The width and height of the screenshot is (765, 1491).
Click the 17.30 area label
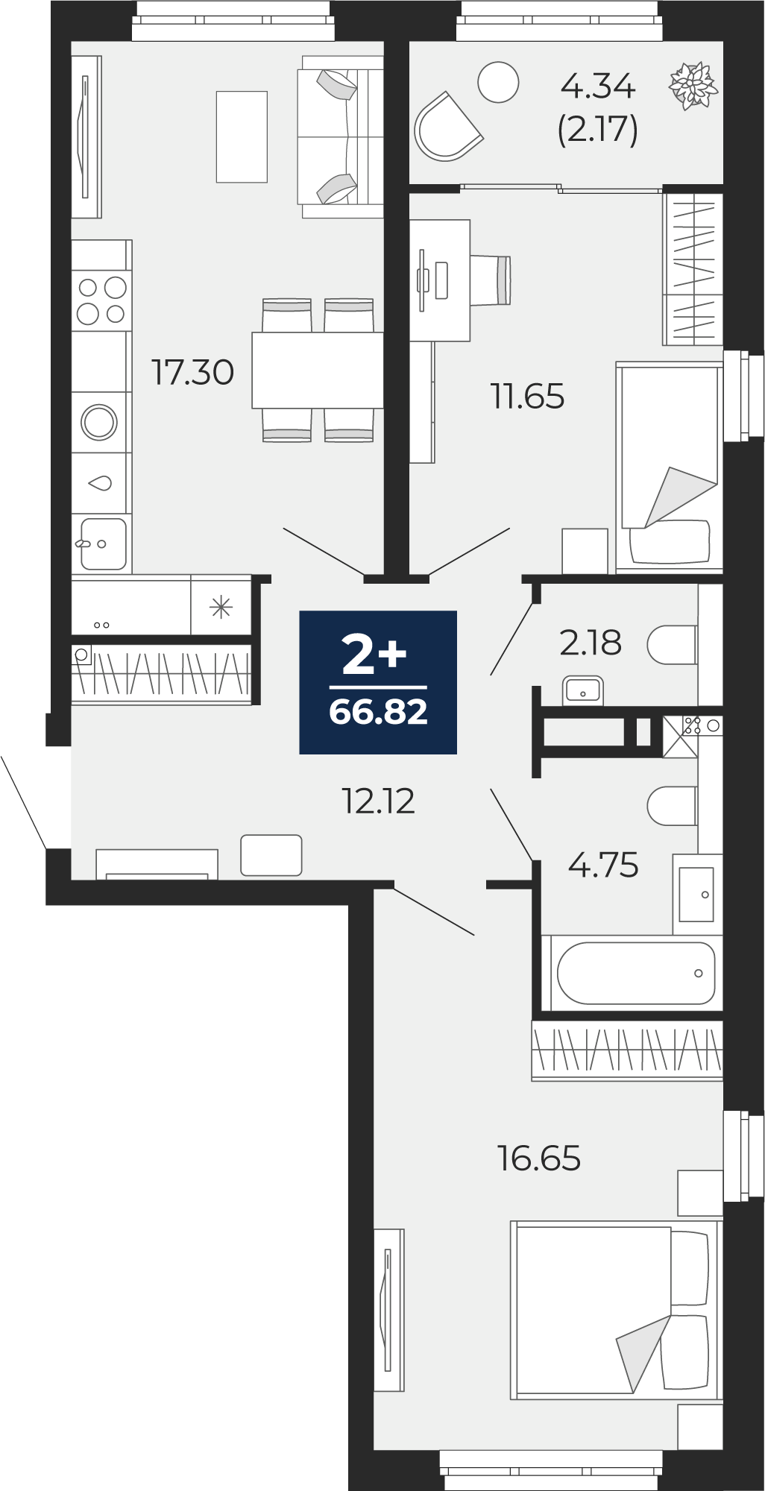(x=192, y=372)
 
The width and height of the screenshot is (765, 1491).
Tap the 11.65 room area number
(x=527, y=396)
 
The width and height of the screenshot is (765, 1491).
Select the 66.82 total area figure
(x=378, y=712)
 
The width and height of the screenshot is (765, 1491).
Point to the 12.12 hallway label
(x=378, y=801)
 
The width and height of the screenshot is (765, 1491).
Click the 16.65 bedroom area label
(x=538, y=1158)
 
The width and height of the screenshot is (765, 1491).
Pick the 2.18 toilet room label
(x=590, y=643)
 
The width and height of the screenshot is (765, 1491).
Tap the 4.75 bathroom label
(x=603, y=865)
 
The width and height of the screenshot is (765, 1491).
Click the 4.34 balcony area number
(x=598, y=86)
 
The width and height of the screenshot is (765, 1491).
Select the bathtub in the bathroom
(x=636, y=973)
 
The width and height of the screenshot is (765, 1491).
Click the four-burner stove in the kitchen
(x=102, y=300)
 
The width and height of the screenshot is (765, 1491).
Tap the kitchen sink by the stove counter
(x=102, y=543)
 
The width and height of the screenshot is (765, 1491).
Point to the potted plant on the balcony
(x=693, y=86)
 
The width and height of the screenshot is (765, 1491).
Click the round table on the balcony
(x=498, y=82)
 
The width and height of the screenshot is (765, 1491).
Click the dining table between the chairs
(x=318, y=370)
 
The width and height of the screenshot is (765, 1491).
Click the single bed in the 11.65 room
(x=669, y=467)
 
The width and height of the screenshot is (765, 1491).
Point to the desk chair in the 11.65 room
(x=491, y=280)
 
